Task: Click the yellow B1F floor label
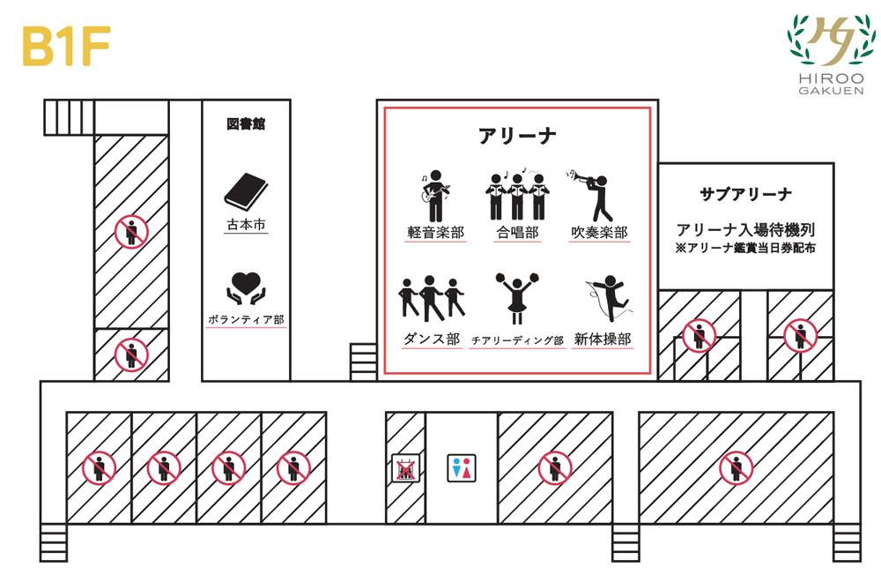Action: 66,46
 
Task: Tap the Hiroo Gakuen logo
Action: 831,55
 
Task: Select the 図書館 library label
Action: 246,123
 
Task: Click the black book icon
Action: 246,191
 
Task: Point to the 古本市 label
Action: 246,225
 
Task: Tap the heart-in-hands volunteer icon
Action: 246,288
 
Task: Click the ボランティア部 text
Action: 246,319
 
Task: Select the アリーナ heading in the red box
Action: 517,136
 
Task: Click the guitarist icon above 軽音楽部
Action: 435,196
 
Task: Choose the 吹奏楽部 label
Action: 599,232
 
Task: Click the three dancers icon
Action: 432,298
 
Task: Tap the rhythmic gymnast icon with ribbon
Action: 609,298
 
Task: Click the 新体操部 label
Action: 603,339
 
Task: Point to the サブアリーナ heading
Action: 745,195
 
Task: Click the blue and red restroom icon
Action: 462,468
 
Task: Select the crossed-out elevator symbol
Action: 405,468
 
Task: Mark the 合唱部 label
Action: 517,232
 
